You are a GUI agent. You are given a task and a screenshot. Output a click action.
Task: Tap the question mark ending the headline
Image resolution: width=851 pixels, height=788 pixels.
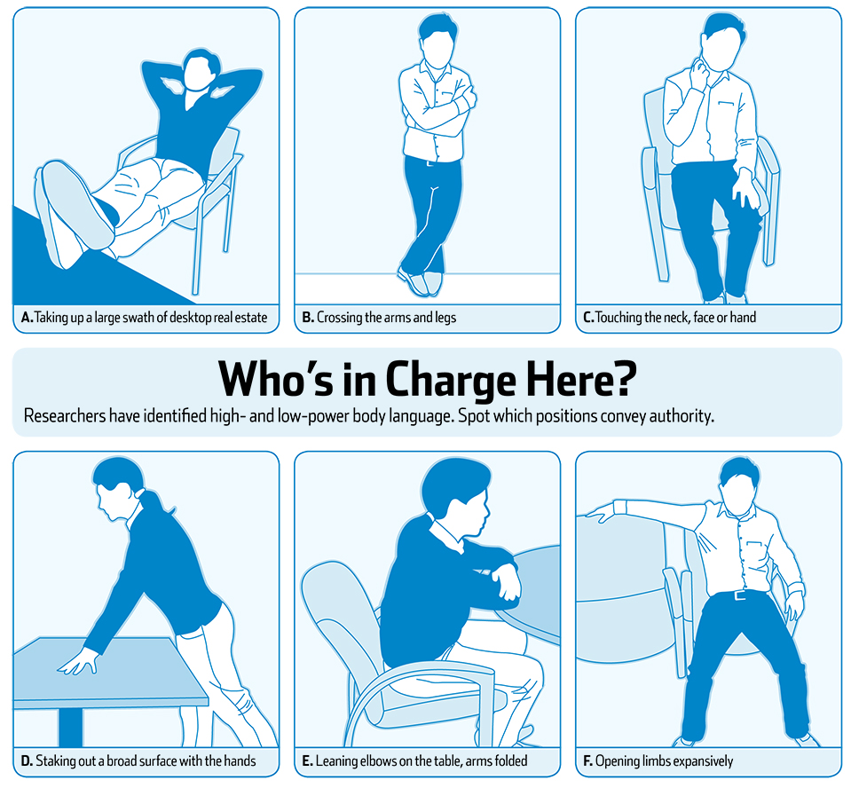click(x=626, y=378)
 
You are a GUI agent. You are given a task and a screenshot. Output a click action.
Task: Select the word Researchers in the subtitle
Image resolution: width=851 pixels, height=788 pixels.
click(x=65, y=415)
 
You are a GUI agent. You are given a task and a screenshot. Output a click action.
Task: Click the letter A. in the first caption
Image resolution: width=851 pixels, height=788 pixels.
click(x=27, y=318)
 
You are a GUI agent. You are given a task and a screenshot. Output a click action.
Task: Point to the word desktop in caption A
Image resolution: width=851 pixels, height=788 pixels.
click(x=191, y=318)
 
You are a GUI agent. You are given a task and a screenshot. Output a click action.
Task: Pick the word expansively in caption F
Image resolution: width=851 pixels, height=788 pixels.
click(x=704, y=761)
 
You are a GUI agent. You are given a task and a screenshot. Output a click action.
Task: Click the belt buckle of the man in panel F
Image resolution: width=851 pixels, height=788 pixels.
click(x=740, y=595)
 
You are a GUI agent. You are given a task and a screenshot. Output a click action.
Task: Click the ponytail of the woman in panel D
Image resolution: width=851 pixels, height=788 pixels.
click(x=154, y=500)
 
